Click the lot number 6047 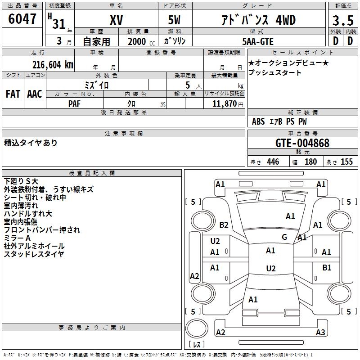[x=22, y=19]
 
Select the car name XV [x=116, y=21]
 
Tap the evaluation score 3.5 [x=342, y=21]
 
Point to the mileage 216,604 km [x=53, y=64]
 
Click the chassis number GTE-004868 [x=302, y=143]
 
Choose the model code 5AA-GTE [x=257, y=41]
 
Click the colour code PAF [x=75, y=103]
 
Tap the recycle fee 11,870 [x=223, y=103]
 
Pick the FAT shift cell [x=13, y=94]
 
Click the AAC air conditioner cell [x=35, y=94]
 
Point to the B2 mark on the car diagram [x=224, y=225]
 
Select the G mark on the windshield [x=284, y=237]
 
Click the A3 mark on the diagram [x=320, y=332]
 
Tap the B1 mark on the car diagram [x=327, y=267]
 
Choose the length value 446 [x=273, y=162]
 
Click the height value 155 [x=346, y=162]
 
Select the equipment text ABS [x=258, y=121]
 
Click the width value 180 [x=310, y=162]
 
